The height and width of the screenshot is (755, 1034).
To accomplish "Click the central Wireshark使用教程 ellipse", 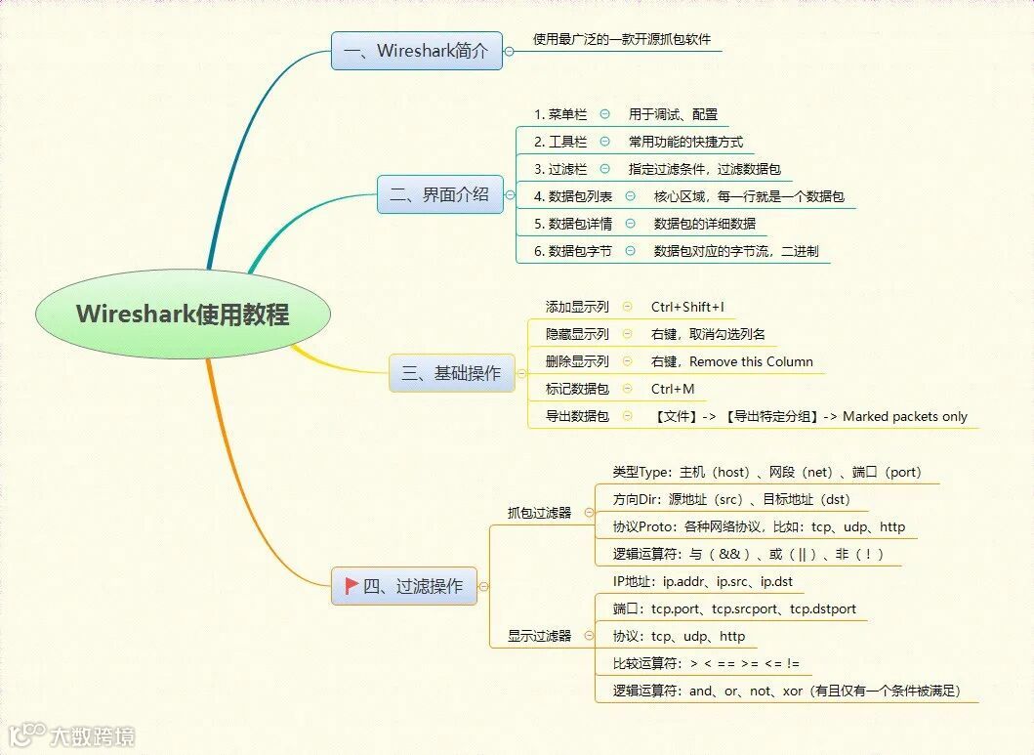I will [x=183, y=315].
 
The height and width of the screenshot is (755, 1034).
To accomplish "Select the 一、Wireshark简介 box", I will [x=417, y=51].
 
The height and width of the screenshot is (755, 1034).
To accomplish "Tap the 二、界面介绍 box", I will [x=439, y=194].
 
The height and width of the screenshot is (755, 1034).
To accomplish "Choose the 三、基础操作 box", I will [x=451, y=372].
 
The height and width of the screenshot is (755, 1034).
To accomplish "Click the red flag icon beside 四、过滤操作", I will [x=352, y=586].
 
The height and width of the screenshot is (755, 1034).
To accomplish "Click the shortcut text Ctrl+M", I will [x=673, y=389].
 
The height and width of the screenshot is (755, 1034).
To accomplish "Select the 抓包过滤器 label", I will [x=539, y=512].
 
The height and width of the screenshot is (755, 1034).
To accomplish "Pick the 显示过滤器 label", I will [x=539, y=636].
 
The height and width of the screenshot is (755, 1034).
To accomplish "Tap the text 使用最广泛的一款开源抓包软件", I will [x=628, y=40].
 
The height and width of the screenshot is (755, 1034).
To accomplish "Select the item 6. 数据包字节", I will [x=572, y=251].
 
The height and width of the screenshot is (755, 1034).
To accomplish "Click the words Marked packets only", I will [x=905, y=416].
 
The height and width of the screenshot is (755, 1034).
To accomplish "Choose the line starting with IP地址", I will [x=702, y=582].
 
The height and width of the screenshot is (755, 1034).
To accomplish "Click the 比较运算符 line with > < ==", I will [x=706, y=664].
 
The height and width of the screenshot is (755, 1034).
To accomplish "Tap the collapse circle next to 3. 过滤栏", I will [x=605, y=169].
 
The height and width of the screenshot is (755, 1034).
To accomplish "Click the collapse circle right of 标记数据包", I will [x=627, y=389].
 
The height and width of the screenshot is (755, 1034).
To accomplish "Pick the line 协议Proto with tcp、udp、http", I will [x=759, y=526].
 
